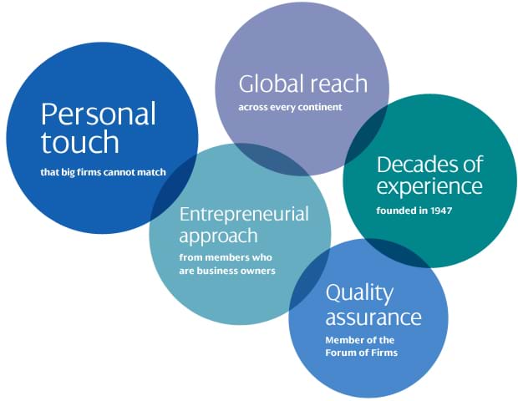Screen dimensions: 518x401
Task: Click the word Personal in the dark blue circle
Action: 99,114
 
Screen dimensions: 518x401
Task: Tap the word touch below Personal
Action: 80,141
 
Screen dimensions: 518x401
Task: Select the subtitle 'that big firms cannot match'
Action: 103,172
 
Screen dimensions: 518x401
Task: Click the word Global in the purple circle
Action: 270,84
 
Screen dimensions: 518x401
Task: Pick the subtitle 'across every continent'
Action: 291,108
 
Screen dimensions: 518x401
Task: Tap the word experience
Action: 429,187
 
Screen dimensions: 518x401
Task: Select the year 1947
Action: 441,211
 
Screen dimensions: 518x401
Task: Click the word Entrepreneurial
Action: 244,214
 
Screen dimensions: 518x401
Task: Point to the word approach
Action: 218,236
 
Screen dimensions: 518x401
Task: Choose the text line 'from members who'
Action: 226,257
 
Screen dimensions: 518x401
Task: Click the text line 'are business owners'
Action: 227,271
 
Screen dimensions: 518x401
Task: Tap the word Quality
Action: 360,293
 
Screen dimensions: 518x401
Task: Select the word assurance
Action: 373,317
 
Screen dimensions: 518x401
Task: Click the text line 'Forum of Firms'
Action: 362,353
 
